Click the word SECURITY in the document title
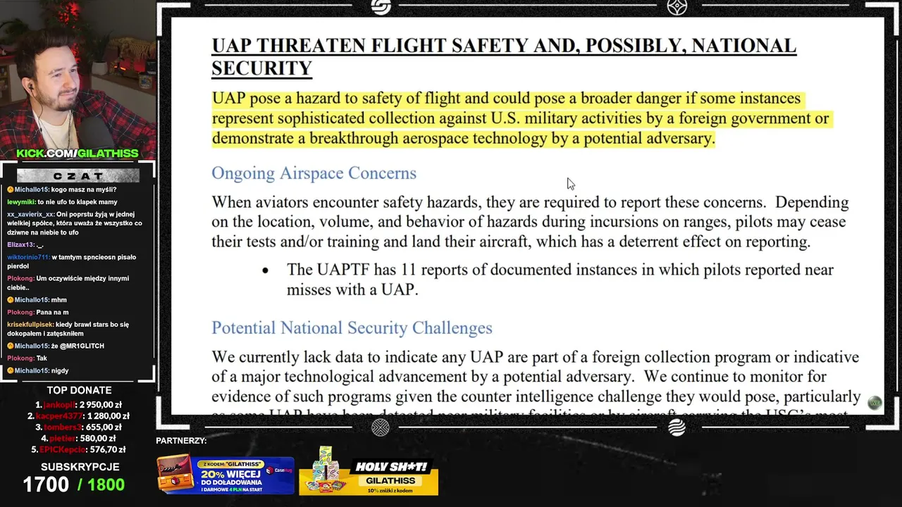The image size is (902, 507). click(x=261, y=68)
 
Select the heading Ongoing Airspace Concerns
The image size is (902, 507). click(x=314, y=173)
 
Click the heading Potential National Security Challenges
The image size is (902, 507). click(x=352, y=328)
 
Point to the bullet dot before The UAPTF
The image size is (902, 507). click(x=266, y=270)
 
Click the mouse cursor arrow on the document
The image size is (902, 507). click(x=570, y=184)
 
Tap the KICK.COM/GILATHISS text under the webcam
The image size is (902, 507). click(x=78, y=154)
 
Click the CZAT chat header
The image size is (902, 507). click(x=78, y=175)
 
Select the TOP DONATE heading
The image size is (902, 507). click(x=79, y=390)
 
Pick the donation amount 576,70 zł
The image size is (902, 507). click(x=108, y=449)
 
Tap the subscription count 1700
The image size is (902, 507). click(x=46, y=484)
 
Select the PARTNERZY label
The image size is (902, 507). click(x=181, y=441)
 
